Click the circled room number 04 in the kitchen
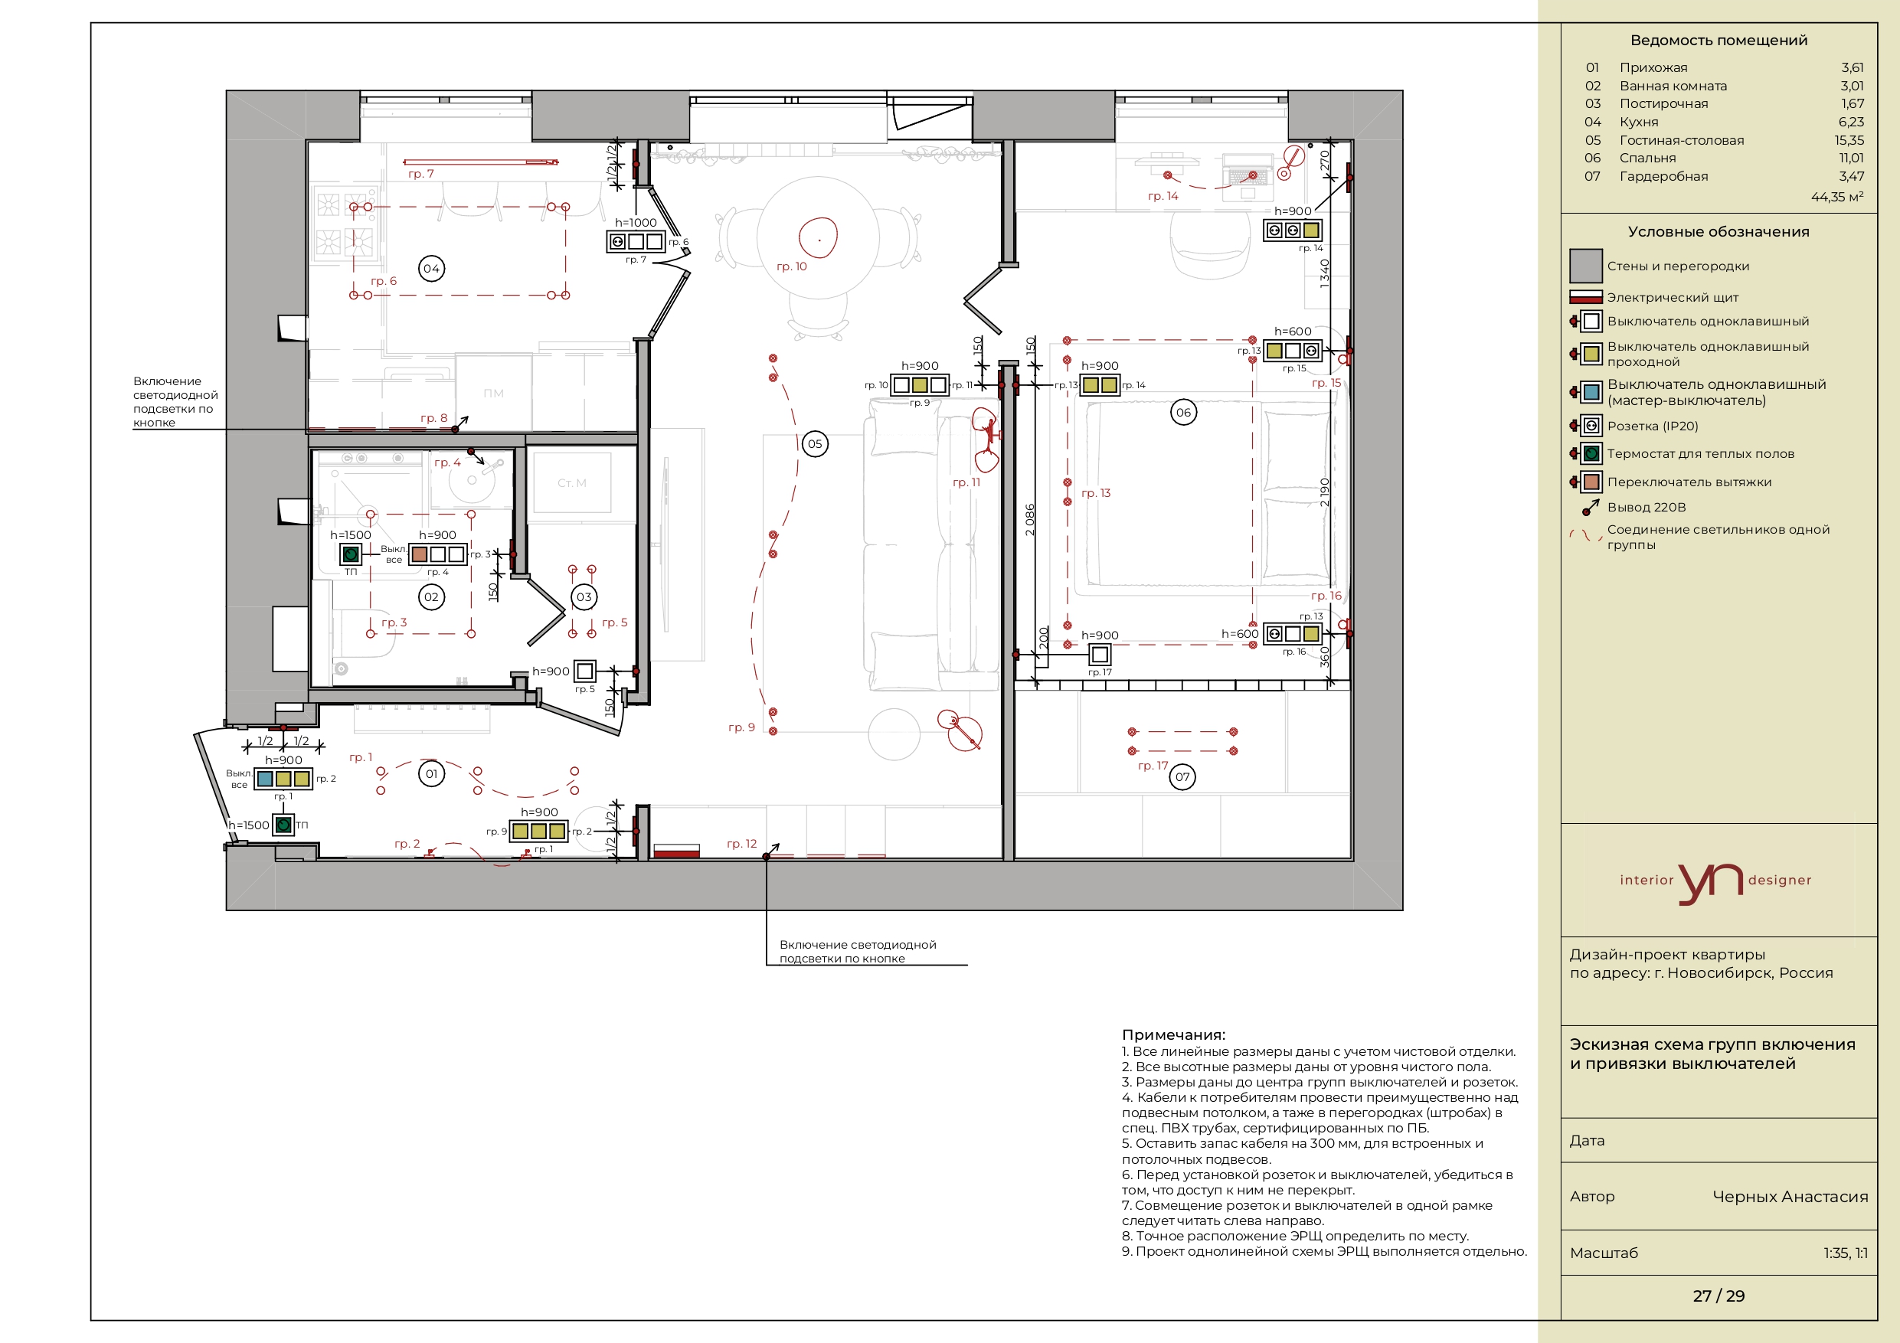coord(431,268)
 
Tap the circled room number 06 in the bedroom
coord(1183,412)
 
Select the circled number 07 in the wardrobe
coord(1182,777)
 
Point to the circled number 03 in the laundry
coord(584,596)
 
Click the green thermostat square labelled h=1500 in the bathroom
coord(351,554)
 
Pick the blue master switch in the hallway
coord(265,779)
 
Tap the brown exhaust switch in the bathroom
coord(420,554)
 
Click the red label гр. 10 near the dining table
coord(791,266)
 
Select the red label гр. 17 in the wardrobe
coord(1153,766)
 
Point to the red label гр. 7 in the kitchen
coord(420,174)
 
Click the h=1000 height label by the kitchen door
coord(636,223)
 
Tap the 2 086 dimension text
coord(1029,520)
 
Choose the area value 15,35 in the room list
coord(1849,141)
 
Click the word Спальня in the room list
coord(1647,158)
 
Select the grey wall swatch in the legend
coord(1585,266)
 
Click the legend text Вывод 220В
coord(1646,507)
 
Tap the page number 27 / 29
coord(1718,1296)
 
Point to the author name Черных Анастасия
coord(1790,1197)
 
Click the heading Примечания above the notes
coord(1173,1034)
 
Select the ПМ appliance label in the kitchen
coord(493,393)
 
